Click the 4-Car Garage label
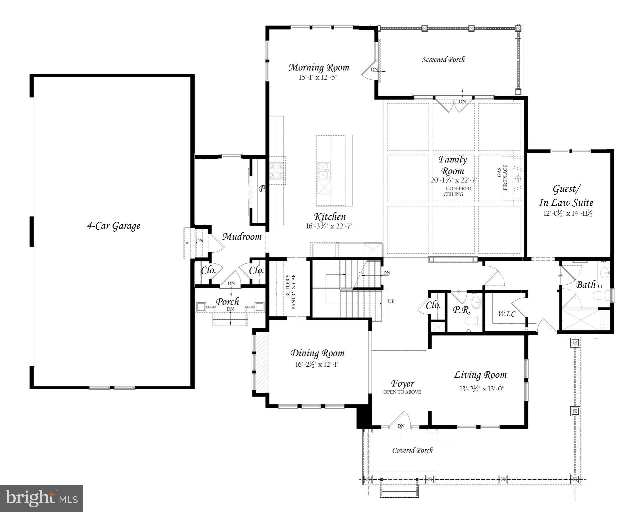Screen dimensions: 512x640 pyautogui.click(x=114, y=226)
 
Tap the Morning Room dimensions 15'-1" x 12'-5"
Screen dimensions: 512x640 pyautogui.click(x=319, y=77)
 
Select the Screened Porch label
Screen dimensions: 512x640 pyautogui.click(x=443, y=60)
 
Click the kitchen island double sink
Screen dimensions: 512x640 pyautogui.click(x=322, y=171)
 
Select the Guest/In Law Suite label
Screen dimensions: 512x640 pyautogui.click(x=566, y=196)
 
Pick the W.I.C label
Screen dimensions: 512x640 pyautogui.click(x=506, y=314)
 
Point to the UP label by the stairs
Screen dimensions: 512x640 pyautogui.click(x=391, y=301)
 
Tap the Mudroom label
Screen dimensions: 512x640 pyautogui.click(x=242, y=237)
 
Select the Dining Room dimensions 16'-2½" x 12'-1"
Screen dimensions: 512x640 pyautogui.click(x=317, y=364)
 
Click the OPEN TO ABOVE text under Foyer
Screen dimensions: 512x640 pyautogui.click(x=402, y=392)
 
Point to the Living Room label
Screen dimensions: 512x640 pyautogui.click(x=480, y=375)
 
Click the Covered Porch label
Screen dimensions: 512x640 pyautogui.click(x=412, y=450)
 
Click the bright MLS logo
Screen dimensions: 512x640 pyautogui.click(x=42, y=498)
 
